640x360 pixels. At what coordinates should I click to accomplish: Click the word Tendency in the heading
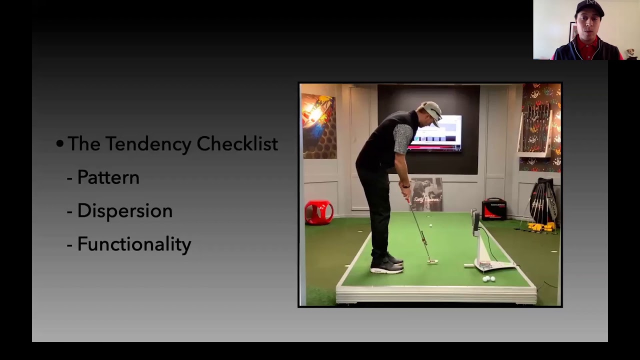[x=148, y=143]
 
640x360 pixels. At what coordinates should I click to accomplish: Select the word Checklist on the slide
[x=237, y=143]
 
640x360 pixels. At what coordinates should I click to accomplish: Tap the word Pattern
[x=108, y=177]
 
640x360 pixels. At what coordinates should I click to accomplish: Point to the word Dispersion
[x=125, y=211]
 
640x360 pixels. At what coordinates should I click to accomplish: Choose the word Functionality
[x=134, y=244]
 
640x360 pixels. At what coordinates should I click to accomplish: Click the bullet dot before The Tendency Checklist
[x=59, y=143]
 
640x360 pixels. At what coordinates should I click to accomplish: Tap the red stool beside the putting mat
[x=319, y=212]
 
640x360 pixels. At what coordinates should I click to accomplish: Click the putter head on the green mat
[x=432, y=261]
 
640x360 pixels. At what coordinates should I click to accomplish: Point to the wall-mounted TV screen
[x=434, y=133]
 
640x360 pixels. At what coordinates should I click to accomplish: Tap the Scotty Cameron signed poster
[x=426, y=194]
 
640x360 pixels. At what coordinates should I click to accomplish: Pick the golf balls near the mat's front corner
[x=489, y=279]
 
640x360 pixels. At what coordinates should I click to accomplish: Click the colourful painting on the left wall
[x=319, y=126]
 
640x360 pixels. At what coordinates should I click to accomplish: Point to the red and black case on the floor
[x=494, y=209]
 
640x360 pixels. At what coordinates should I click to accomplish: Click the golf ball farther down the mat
[x=430, y=225]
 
